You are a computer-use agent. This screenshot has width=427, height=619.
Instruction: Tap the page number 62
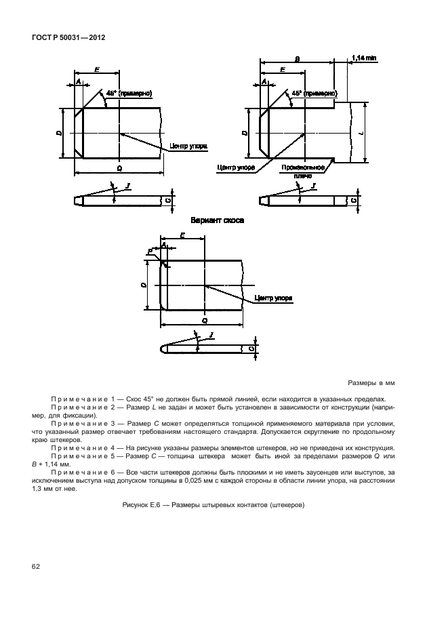pos(35,565)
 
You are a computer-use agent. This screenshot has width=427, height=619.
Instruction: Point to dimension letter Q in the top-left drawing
pos(119,167)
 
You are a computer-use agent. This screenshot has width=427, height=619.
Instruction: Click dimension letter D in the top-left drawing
pos(59,134)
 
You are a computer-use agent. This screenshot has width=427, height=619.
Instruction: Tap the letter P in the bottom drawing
pos(149,252)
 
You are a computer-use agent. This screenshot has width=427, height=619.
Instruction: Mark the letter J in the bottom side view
pos(212,335)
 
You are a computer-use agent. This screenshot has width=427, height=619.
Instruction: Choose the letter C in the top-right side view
pos(353,200)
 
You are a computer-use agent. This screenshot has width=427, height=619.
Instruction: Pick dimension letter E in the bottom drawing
pos(183,235)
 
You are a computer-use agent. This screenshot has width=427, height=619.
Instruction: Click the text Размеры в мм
pos(371,383)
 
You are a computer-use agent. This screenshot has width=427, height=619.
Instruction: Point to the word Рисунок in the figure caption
pos(136,504)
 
